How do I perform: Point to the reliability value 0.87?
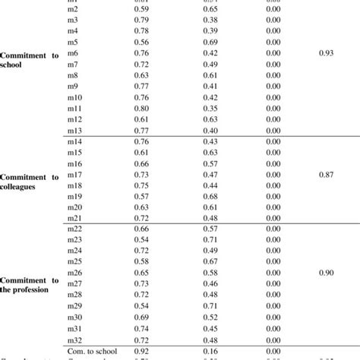[327, 174]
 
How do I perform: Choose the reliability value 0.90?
[327, 272]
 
